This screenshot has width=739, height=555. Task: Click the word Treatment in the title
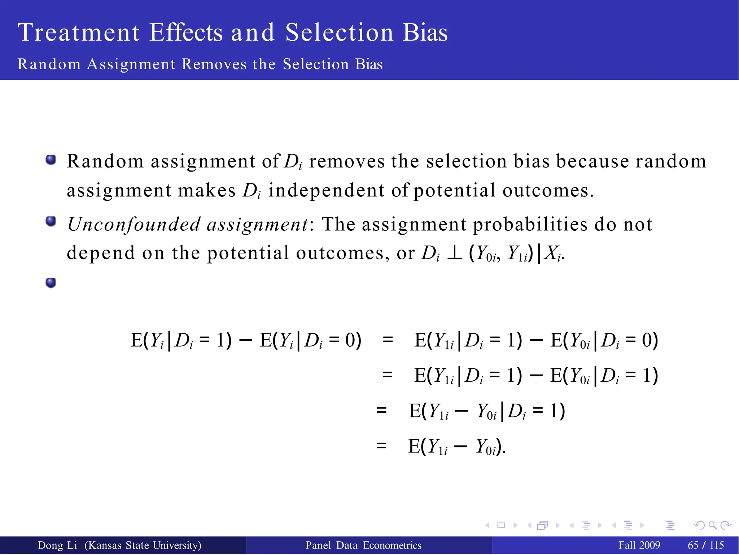tap(79, 32)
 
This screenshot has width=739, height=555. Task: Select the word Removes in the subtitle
tap(214, 64)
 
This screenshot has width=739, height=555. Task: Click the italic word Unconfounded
tap(134, 224)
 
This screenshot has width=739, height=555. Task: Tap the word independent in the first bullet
tap(327, 190)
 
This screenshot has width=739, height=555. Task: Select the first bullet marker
tap(51, 160)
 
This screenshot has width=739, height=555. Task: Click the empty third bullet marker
tap(51, 282)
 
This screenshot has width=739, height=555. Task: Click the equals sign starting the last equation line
tap(381, 446)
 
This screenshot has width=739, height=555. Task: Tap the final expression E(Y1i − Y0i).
tap(457, 447)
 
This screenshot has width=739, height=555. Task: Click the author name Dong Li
tap(57, 545)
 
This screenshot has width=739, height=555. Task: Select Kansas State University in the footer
tap(143, 545)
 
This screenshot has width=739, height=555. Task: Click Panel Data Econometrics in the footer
tap(363, 545)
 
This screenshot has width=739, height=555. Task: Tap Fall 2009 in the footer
tap(639, 545)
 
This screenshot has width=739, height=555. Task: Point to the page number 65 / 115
tap(706, 545)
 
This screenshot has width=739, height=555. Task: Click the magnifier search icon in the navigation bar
tap(712, 525)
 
